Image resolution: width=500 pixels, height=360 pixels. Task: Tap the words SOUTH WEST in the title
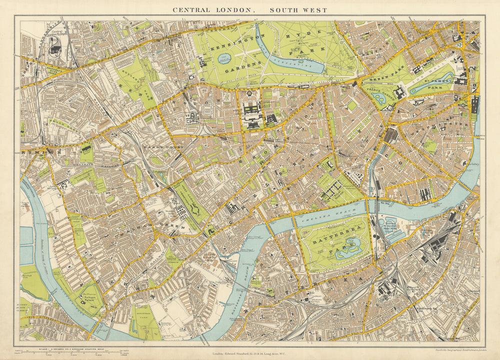click(x=298, y=10)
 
